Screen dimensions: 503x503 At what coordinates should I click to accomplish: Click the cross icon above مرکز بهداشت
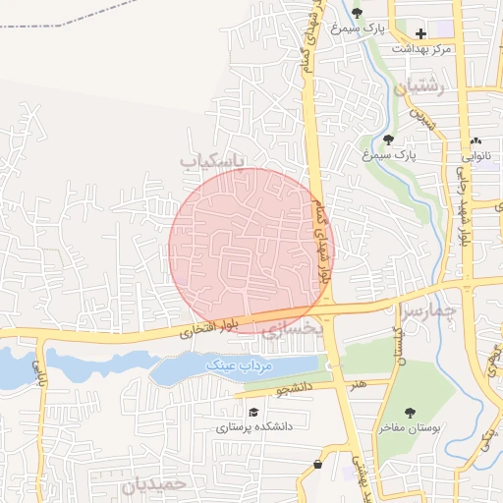(420, 33)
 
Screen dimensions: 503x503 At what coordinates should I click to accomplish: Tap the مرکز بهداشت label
(420, 48)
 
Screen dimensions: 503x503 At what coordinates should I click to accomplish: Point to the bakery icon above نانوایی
(476, 140)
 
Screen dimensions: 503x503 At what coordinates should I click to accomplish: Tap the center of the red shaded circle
(251, 250)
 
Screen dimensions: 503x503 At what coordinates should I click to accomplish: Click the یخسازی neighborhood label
(292, 330)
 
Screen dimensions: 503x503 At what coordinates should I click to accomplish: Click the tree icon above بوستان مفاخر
(410, 413)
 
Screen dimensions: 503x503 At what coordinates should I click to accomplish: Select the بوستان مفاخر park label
(411, 428)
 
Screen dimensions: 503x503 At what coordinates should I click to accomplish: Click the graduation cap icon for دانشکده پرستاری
(253, 413)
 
